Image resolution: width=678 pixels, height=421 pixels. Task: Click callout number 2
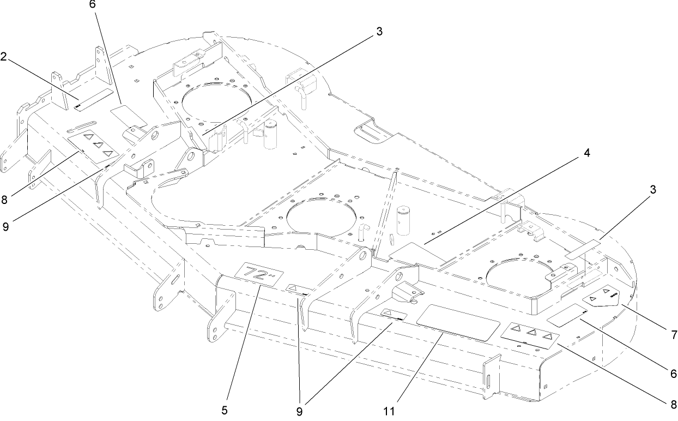[4, 57]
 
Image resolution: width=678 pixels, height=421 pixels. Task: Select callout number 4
[586, 153]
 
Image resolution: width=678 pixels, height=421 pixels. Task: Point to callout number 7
[674, 333]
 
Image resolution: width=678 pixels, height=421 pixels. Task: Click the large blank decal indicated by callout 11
[458, 322]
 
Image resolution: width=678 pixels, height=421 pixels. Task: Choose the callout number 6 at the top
[92, 4]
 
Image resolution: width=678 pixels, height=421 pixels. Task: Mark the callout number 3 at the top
[379, 31]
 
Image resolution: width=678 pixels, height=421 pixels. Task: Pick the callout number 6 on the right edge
[674, 374]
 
